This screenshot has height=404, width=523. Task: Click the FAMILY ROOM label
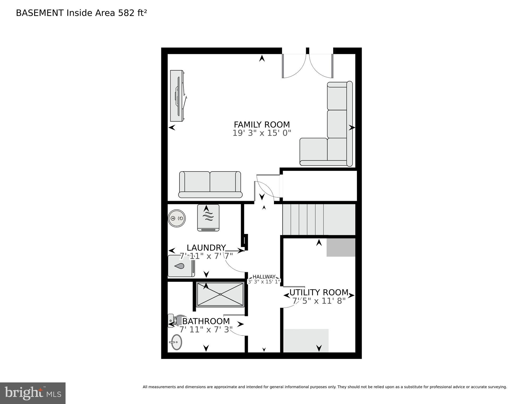click(262, 124)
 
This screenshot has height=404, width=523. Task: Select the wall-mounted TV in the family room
click(177, 96)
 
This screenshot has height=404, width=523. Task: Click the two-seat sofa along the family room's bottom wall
click(210, 184)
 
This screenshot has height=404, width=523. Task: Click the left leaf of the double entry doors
click(293, 66)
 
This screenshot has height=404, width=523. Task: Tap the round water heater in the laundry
click(177, 218)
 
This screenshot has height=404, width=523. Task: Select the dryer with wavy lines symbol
click(208, 218)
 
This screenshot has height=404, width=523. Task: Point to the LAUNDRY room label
click(206, 248)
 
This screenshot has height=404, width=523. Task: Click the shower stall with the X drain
click(220, 294)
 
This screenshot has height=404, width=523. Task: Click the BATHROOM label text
click(206, 321)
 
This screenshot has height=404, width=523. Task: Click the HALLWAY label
click(264, 277)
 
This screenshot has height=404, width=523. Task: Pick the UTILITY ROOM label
click(319, 292)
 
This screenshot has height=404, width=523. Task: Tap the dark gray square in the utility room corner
click(341, 247)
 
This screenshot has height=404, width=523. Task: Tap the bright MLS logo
click(33, 393)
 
